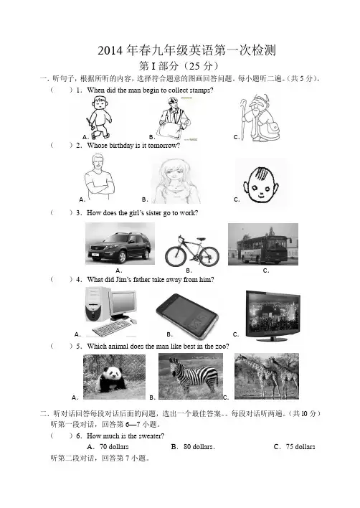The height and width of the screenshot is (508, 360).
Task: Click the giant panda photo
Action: [114, 377]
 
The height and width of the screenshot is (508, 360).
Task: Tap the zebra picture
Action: [191, 376]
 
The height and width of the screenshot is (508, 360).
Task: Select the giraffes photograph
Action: [267, 376]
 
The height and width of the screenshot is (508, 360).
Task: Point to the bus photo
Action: [263, 244]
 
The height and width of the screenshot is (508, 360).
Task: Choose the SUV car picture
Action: [120, 243]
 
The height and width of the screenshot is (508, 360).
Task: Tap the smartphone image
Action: [186, 316]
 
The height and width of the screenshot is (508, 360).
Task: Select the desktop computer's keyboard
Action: [113, 329]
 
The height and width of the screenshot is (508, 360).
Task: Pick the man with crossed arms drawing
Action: [100, 177]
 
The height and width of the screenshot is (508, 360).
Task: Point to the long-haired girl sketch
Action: [175, 181]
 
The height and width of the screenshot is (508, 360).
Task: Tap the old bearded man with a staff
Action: [260, 118]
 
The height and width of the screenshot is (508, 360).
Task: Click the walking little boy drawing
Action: [99, 118]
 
